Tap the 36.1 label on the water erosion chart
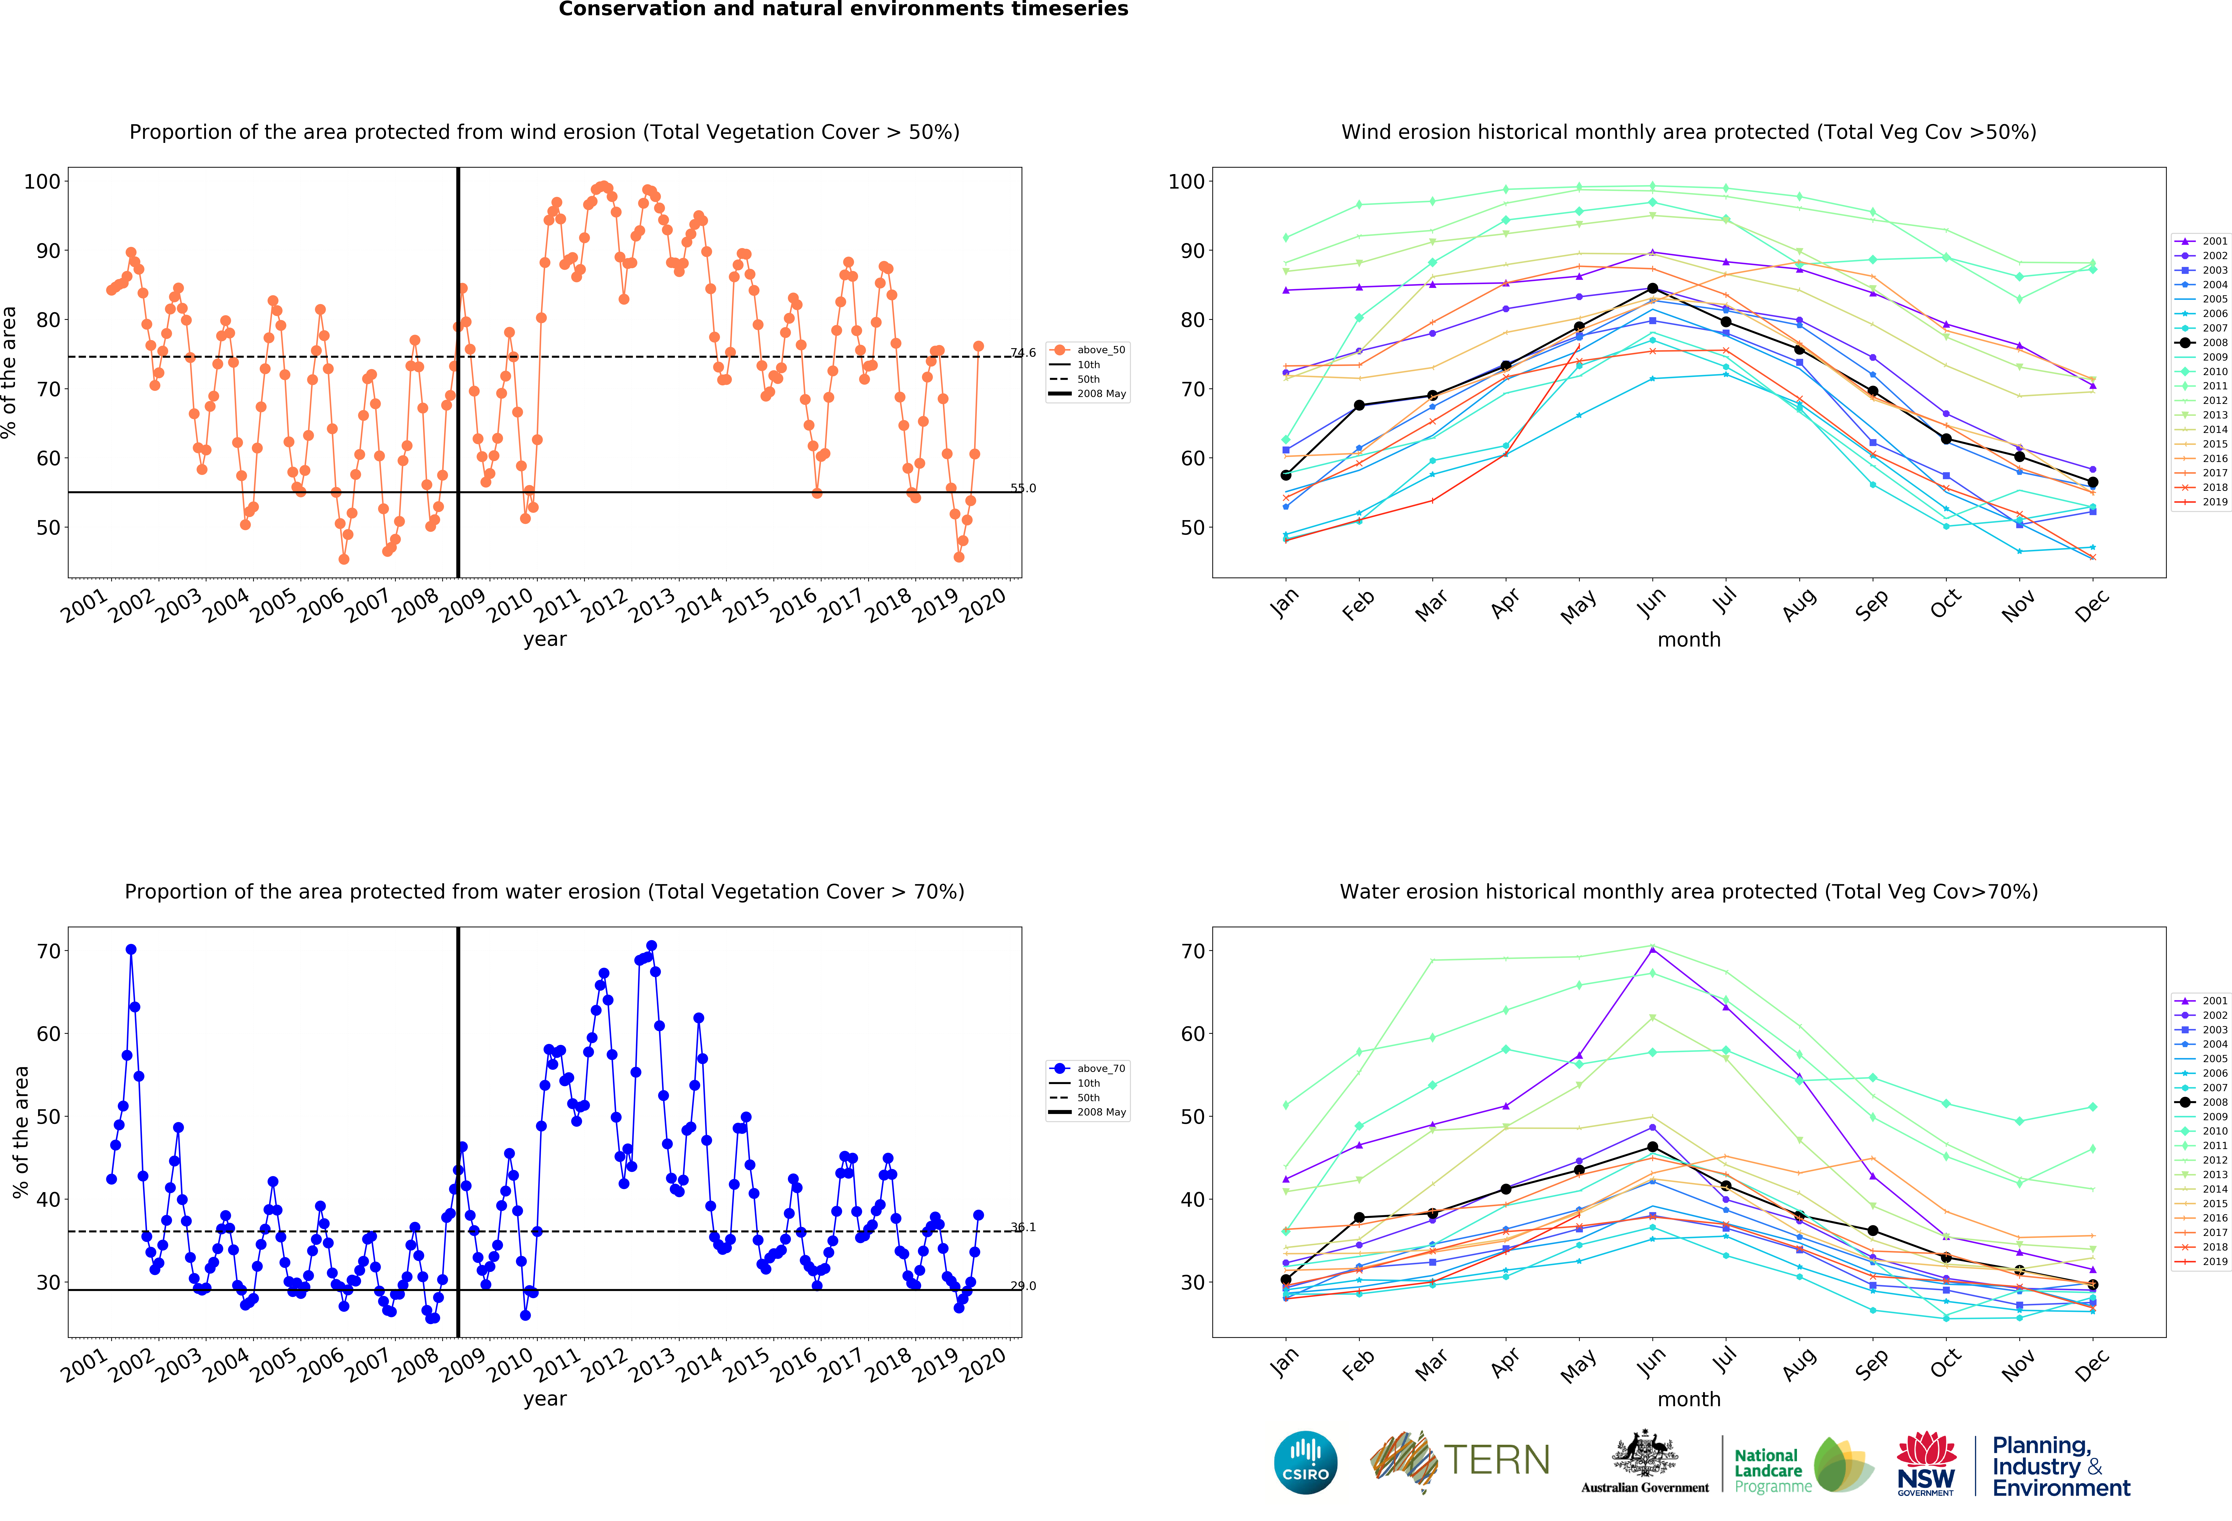[1023, 1227]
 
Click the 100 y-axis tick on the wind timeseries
[42, 181]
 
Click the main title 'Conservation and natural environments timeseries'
[843, 10]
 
